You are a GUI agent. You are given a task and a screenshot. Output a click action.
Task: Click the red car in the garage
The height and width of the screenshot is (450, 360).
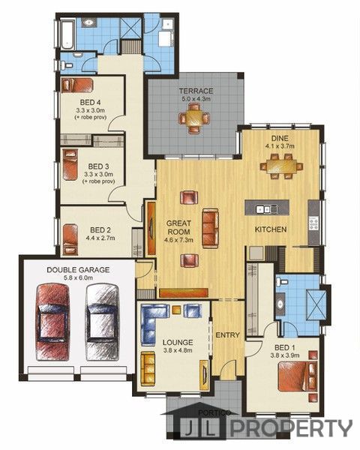(52, 322)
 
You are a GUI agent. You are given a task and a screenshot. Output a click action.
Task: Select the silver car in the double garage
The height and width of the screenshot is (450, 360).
(103, 322)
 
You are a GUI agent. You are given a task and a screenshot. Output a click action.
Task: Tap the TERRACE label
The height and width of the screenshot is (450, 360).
(196, 91)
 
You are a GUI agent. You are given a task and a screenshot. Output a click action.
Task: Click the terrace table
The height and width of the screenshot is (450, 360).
(194, 118)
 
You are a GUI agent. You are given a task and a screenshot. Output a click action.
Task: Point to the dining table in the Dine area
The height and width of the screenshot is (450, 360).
(282, 166)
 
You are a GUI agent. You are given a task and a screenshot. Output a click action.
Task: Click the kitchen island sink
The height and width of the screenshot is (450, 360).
(267, 209)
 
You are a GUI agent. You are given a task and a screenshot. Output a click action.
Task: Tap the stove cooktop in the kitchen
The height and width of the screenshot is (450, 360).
(313, 223)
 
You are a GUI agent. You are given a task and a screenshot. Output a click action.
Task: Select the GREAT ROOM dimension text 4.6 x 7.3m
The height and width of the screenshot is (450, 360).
(178, 240)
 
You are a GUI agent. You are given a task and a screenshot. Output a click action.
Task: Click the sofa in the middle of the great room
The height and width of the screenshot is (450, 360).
(210, 228)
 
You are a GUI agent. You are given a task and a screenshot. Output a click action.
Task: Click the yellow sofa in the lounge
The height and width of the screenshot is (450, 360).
(148, 369)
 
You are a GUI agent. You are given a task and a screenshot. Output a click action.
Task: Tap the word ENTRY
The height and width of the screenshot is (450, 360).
(228, 335)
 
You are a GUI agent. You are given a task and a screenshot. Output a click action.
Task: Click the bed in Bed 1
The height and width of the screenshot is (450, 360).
(298, 376)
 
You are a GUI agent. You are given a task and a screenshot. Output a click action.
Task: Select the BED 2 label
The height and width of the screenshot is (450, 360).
(100, 230)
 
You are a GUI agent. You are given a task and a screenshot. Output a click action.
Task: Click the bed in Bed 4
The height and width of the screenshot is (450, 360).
(77, 85)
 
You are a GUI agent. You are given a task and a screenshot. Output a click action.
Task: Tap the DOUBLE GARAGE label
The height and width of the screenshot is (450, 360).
(78, 270)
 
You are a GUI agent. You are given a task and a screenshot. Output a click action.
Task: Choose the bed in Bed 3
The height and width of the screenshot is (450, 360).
(70, 164)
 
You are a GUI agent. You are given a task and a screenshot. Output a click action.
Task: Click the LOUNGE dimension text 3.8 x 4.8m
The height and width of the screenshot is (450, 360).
(178, 350)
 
